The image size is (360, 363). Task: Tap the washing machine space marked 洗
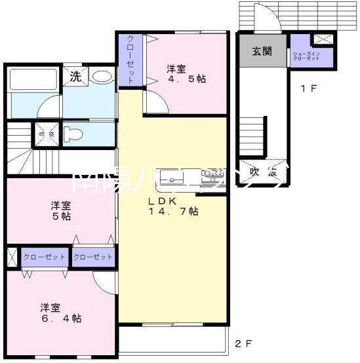pyautogui.click(x=75, y=76)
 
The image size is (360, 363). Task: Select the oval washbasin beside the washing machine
pyautogui.click(x=102, y=77)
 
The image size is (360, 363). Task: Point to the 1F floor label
pyautogui.click(x=309, y=88)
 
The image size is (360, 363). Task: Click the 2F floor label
pyautogui.click(x=243, y=343)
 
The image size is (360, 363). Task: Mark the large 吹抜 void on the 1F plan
pyautogui.click(x=262, y=172)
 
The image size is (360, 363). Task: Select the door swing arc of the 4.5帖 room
pyautogui.click(x=156, y=102)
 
